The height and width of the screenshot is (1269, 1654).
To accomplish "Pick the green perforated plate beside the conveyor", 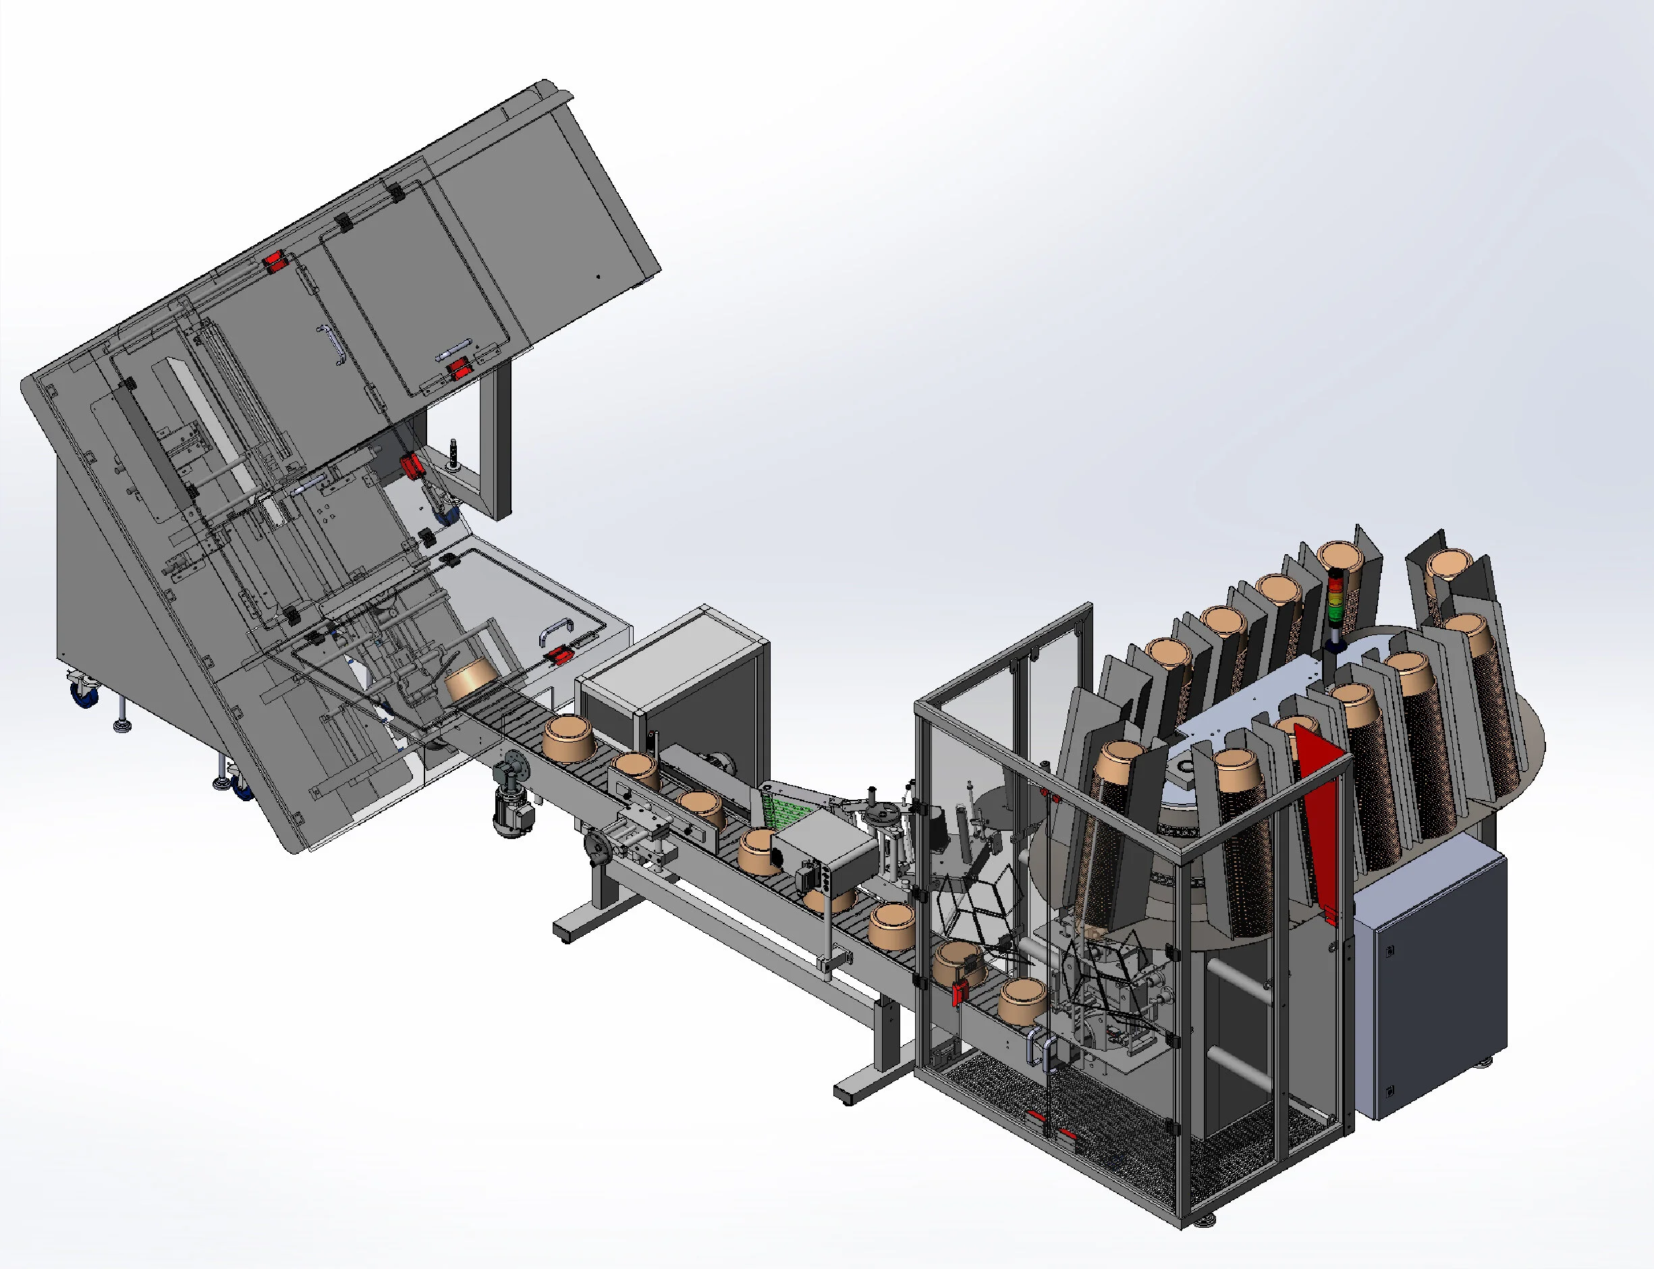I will click(781, 808).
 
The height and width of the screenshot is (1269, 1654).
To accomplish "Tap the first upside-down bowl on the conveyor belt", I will click(570, 740).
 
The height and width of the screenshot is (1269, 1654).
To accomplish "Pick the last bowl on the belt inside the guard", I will click(1023, 1001).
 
